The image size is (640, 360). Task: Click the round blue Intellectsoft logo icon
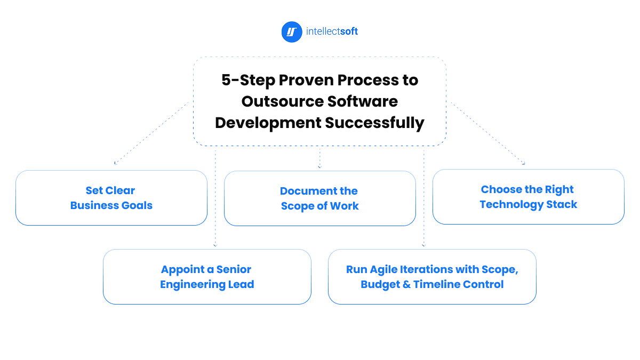tap(291, 31)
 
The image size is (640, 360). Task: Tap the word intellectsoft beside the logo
tap(332, 31)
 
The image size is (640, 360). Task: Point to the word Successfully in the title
tap(375, 123)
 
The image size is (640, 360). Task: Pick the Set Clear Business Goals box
tap(111, 198)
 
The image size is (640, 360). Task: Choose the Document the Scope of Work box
tap(319, 198)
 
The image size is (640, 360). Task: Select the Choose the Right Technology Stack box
tap(528, 197)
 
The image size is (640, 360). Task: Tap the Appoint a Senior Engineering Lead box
tap(207, 277)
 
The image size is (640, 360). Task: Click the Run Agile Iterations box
tap(432, 277)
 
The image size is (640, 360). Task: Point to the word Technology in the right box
tap(509, 204)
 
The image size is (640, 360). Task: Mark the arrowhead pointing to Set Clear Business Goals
tap(115, 163)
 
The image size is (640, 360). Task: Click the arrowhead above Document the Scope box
tap(319, 167)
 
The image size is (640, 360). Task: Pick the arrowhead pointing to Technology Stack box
tap(524, 163)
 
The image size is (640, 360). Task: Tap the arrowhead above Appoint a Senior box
tap(215, 245)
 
